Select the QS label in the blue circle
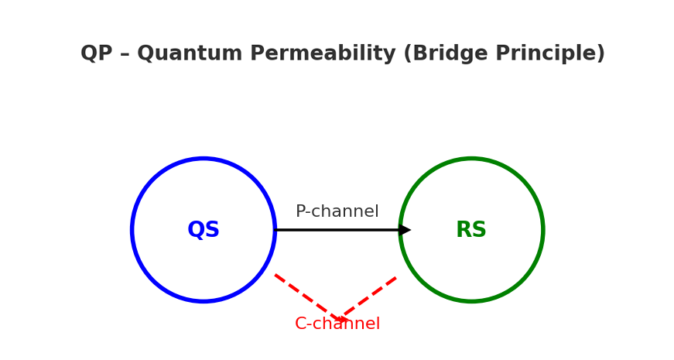pyautogui.click(x=204, y=230)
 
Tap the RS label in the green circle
pyautogui.click(x=471, y=230)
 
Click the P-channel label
pyautogui.click(x=337, y=212)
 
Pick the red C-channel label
pyautogui.click(x=337, y=324)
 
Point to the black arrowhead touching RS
pyautogui.click(x=405, y=230)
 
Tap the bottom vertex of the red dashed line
pyautogui.click(x=338, y=318)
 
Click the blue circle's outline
pyautogui.click(x=132, y=230)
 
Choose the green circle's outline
pyautogui.click(x=542, y=230)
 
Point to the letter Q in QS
pyautogui.click(x=196, y=230)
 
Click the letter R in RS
pyautogui.click(x=464, y=230)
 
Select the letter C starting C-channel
pyautogui.click(x=300, y=324)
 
